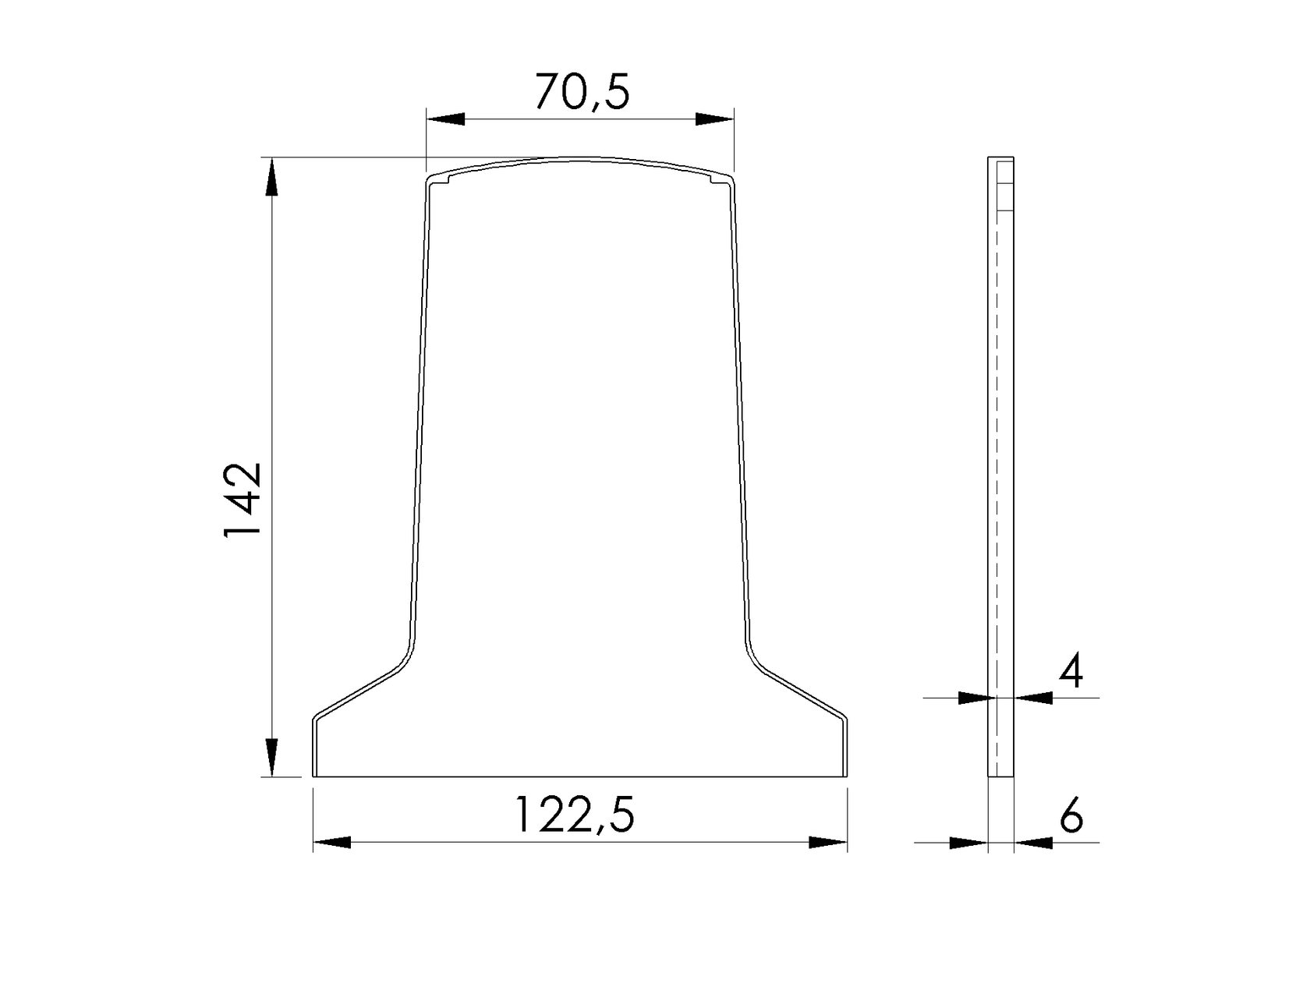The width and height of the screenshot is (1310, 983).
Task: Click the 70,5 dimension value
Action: (x=582, y=92)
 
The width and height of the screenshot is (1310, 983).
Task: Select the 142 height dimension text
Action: (x=242, y=500)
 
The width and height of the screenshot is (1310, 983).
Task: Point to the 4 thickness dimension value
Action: (x=1071, y=671)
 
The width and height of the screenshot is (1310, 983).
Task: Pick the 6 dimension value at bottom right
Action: (x=1072, y=816)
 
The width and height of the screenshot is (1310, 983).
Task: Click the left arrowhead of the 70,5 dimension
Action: (x=445, y=119)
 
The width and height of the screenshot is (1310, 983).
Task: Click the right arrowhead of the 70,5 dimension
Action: (x=715, y=119)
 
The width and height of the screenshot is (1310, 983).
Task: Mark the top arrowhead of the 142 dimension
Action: (x=271, y=177)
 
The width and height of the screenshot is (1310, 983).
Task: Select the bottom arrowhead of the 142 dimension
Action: (x=271, y=757)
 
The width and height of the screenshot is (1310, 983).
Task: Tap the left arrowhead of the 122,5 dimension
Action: (x=332, y=843)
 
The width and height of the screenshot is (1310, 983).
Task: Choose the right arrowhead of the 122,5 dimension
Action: (x=828, y=843)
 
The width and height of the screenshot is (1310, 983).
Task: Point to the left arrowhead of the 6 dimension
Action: (x=969, y=843)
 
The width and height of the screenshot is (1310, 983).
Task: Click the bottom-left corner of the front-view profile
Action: (x=313, y=776)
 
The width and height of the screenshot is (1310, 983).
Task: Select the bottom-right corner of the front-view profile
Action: (x=847, y=776)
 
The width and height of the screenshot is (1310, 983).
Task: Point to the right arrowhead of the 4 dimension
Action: (x=1033, y=698)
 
